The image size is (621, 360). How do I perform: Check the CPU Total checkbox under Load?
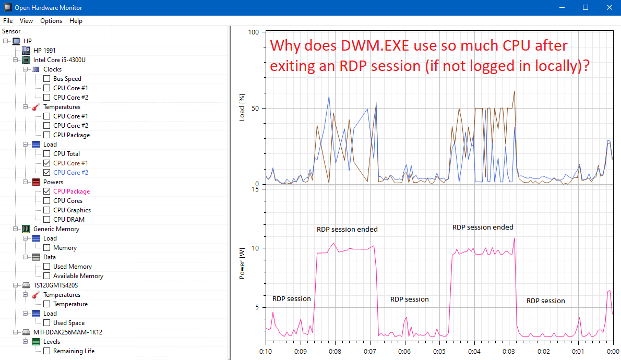pyautogui.click(x=46, y=154)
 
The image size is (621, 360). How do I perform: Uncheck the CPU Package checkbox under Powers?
pyautogui.click(x=46, y=191)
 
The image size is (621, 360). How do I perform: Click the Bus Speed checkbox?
pyautogui.click(x=46, y=79)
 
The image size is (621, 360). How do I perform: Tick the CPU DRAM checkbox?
pyautogui.click(x=46, y=220)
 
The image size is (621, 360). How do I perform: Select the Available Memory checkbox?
pyautogui.click(x=46, y=276)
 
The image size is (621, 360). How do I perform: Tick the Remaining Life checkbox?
pyautogui.click(x=46, y=351)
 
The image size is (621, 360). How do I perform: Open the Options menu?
pyautogui.click(x=51, y=21)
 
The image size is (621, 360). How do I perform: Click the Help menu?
pyautogui.click(x=76, y=21)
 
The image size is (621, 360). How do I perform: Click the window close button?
pyautogui.click(x=609, y=7)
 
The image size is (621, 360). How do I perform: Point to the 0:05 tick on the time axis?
pyautogui.click(x=439, y=352)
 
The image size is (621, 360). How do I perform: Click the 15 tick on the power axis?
pyautogui.click(x=255, y=189)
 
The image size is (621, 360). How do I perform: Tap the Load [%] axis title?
pyautogui.click(x=242, y=109)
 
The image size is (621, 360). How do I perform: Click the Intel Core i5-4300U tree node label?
pyautogui.click(x=59, y=60)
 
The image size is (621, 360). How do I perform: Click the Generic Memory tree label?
pyautogui.click(x=56, y=229)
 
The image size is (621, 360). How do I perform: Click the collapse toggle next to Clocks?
pyautogui.click(x=25, y=69)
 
